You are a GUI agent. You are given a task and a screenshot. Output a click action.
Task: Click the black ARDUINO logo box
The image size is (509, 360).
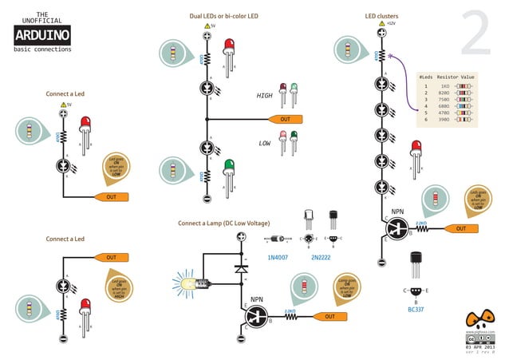[x=42, y=34]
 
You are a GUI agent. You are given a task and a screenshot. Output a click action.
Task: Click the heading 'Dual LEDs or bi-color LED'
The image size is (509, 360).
[x=223, y=16]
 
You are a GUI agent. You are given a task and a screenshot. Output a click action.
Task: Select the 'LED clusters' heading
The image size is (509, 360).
[x=381, y=16]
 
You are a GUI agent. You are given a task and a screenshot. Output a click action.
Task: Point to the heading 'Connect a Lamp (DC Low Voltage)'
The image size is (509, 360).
[x=224, y=223]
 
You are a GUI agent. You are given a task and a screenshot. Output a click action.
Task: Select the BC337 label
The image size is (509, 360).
[x=415, y=308]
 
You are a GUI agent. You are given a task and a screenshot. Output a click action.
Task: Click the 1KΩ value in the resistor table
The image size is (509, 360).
[x=445, y=85]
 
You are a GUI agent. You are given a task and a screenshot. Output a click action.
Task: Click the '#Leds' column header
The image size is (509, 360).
[x=426, y=77]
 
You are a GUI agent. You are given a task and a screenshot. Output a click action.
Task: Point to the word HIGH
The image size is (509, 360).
[x=264, y=95]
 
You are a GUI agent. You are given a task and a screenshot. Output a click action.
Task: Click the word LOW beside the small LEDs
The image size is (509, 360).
[x=265, y=144]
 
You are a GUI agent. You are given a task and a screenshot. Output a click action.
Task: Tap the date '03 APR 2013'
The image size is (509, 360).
[x=478, y=347]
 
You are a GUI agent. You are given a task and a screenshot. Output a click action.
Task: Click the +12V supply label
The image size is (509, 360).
[x=391, y=24]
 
